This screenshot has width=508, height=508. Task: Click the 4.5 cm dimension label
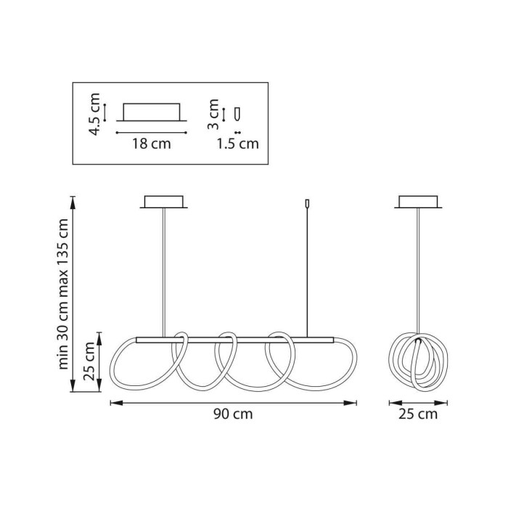(95, 114)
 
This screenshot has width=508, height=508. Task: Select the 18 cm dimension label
(151, 144)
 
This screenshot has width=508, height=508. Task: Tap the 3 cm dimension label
(213, 114)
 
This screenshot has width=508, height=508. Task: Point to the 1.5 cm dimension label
(238, 144)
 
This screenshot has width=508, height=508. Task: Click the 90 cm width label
(233, 414)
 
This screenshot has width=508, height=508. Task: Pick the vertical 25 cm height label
(89, 361)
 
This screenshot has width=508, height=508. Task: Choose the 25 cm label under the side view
(418, 414)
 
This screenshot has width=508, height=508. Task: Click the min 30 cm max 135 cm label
(63, 294)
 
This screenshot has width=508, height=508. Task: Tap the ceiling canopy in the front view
(164, 202)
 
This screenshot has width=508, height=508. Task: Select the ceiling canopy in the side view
(418, 202)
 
